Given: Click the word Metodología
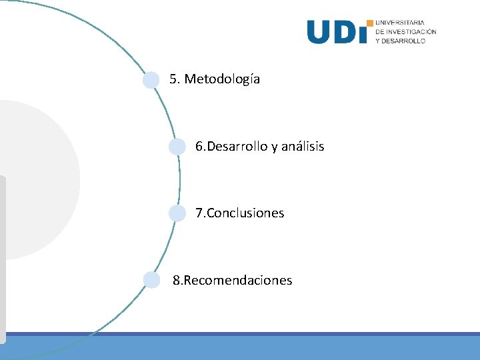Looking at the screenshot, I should coord(222,79).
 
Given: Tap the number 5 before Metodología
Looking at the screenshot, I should coord(173,79).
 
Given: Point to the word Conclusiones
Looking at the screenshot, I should coord(245,213).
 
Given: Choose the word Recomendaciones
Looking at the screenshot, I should coord(237,280).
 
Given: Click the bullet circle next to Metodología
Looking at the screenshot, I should coord(152,80).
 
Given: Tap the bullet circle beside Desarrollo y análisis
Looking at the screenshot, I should coord(177,147).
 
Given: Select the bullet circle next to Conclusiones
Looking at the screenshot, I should coord(177,213).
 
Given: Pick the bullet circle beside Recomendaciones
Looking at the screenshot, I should coord(152,280).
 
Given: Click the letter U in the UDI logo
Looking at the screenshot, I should coord(319,32).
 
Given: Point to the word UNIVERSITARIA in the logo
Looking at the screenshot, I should coord(400,23).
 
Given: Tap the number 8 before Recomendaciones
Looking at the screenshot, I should coord(176,280).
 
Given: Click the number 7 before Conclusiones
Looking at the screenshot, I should coord(199,213).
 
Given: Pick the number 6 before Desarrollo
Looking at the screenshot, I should coord(199,146).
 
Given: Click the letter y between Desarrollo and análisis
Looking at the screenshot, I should coord(273,147).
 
